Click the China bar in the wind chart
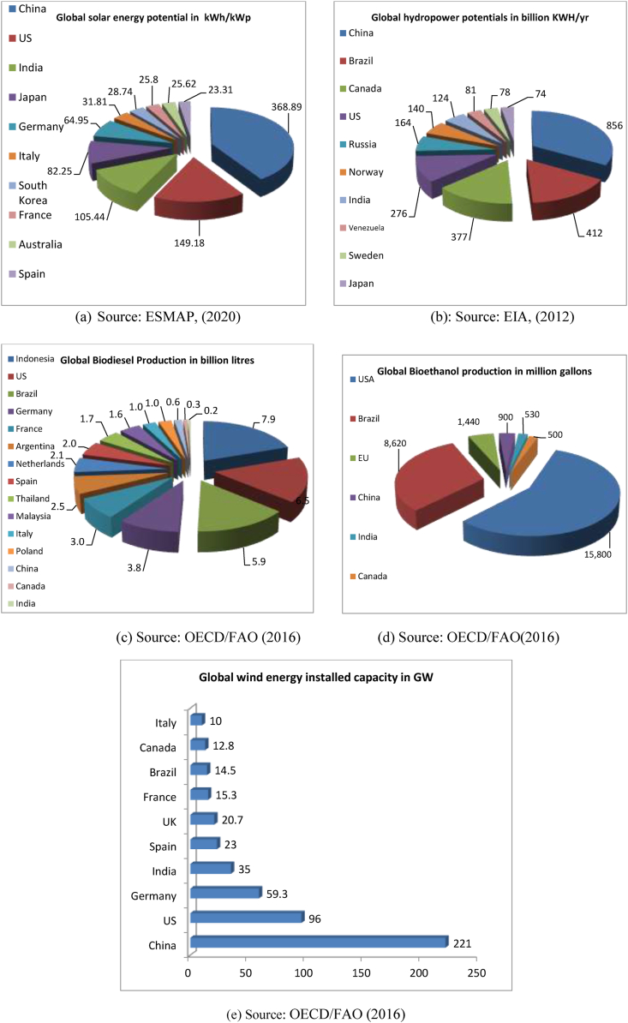pos(319,942)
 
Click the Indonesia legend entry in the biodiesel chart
pos(34,357)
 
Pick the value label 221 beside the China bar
pos(462,942)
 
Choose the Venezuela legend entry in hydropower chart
pos(371,227)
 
